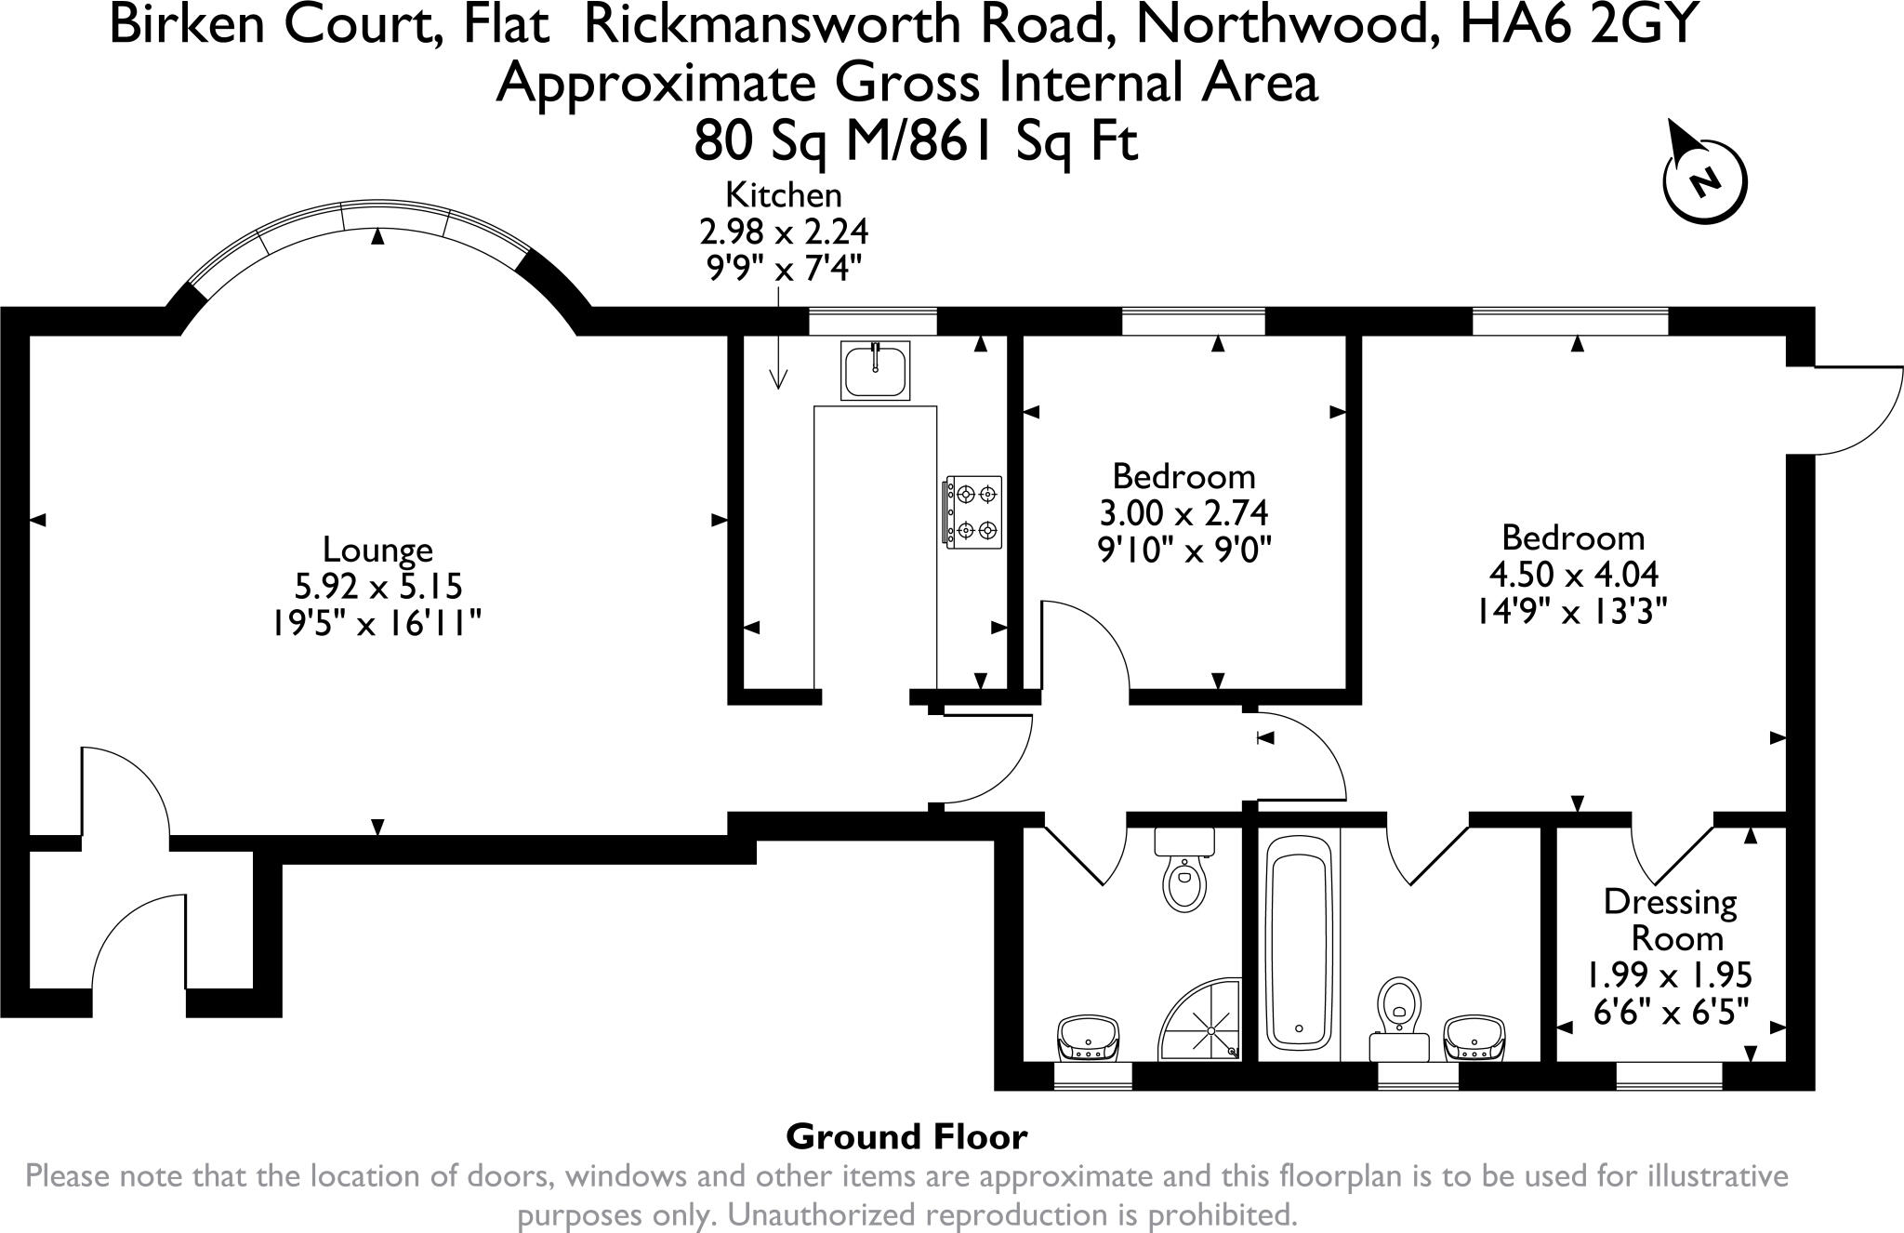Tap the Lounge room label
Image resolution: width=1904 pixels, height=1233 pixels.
click(377, 549)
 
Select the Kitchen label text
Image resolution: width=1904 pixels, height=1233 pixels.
click(783, 194)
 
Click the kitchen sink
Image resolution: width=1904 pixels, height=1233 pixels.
click(876, 370)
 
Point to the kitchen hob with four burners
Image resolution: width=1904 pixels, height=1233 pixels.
click(973, 510)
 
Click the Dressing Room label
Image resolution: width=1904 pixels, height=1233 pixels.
click(1671, 920)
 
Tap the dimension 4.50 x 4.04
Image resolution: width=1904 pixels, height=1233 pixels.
click(1573, 574)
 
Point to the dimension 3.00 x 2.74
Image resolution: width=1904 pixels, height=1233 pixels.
click(1183, 512)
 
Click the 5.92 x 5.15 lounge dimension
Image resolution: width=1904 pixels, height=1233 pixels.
click(377, 586)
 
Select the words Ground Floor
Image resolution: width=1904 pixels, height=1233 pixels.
click(906, 1136)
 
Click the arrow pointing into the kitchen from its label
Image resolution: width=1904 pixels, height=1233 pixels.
click(779, 336)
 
